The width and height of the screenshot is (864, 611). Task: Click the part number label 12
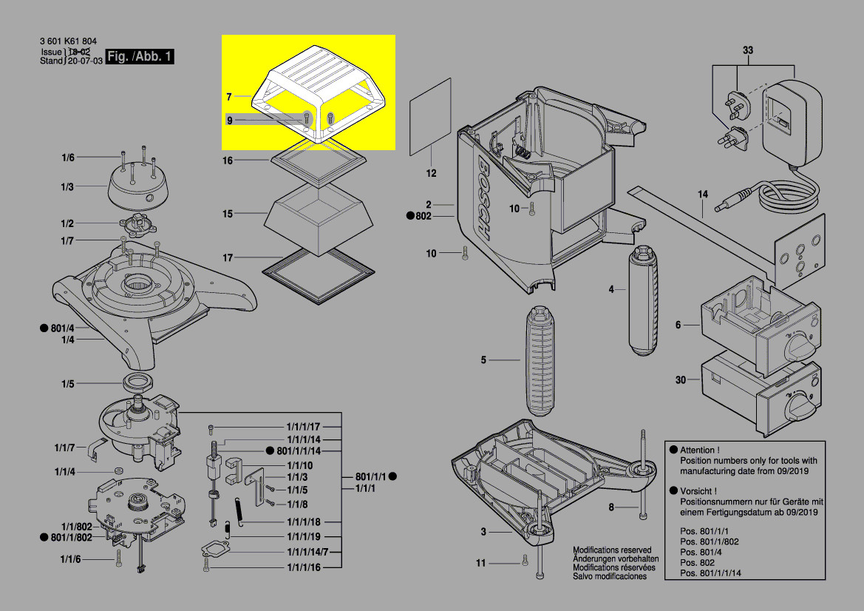[x=431, y=174]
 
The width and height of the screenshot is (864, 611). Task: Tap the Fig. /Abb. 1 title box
[x=140, y=57]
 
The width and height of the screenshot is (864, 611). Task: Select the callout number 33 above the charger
[x=748, y=50]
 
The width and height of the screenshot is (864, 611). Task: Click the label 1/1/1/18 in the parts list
[x=303, y=522]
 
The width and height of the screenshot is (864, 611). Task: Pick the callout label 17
[x=228, y=258]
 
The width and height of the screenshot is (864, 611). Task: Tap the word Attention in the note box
[x=698, y=450]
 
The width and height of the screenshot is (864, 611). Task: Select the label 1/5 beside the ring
[x=68, y=383]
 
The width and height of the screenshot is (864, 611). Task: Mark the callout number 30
[x=680, y=380]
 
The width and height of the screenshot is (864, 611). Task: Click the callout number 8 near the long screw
[x=611, y=507]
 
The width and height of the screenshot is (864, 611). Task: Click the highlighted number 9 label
[x=230, y=120]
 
